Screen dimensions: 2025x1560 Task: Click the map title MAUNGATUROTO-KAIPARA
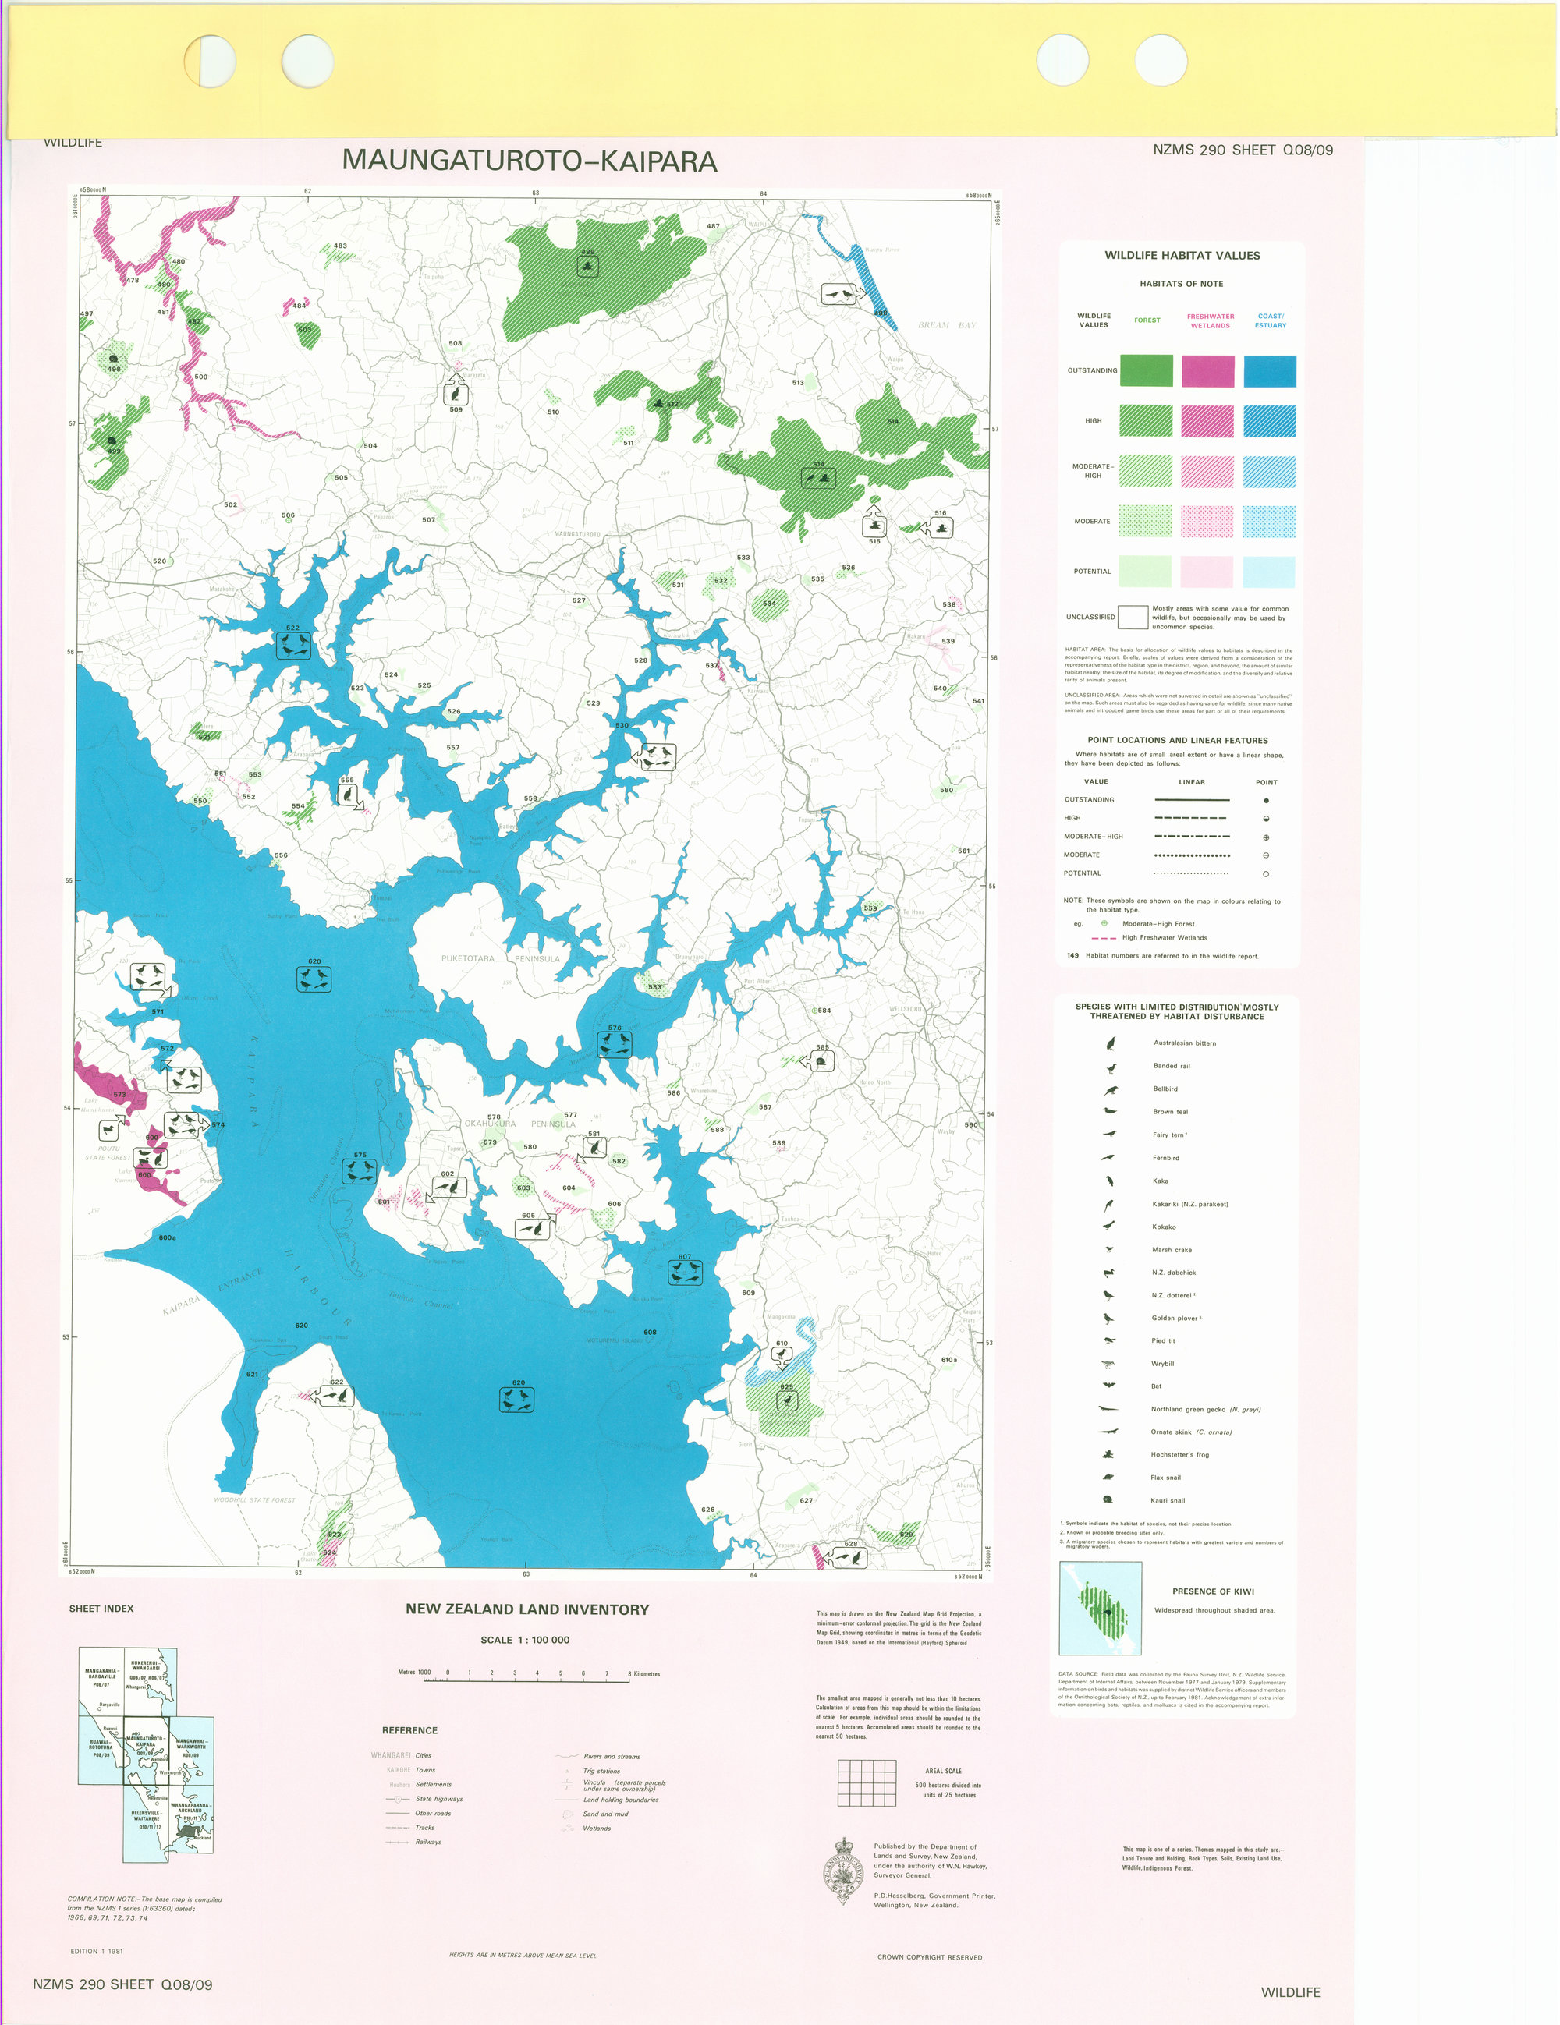click(530, 161)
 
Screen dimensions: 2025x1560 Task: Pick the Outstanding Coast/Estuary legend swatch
click(1269, 371)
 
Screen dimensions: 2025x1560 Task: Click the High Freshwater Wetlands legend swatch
click(1207, 421)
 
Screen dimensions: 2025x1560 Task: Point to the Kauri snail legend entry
click(1167, 1500)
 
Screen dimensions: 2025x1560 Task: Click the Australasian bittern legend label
click(1184, 1043)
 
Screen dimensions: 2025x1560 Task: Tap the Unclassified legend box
click(1132, 617)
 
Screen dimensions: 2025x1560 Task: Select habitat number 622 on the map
click(292, 628)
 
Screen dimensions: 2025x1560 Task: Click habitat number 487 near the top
click(712, 226)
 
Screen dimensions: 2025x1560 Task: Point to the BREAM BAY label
click(946, 325)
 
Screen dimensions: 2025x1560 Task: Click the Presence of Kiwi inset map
click(1100, 1609)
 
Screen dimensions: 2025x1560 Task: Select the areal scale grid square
click(867, 1782)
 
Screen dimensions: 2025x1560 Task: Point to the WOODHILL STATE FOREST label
click(254, 1500)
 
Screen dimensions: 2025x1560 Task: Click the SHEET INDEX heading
click(101, 1609)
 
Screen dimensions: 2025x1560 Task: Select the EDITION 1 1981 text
click(97, 1951)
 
